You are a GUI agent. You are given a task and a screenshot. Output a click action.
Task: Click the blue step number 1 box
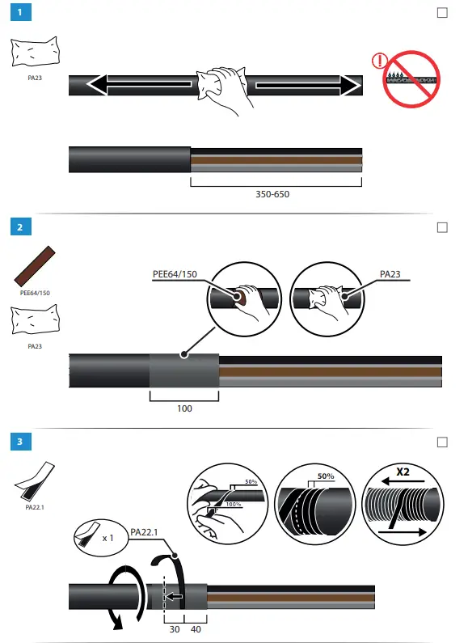tap(20, 14)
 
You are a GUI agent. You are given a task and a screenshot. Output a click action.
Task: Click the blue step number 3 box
tap(20, 442)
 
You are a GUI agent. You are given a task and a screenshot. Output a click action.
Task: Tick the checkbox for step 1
tap(441, 14)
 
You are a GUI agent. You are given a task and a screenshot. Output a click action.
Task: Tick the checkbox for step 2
tap(441, 227)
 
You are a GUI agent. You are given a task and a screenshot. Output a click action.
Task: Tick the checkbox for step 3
tap(441, 442)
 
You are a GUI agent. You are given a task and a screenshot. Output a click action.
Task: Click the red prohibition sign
tap(406, 78)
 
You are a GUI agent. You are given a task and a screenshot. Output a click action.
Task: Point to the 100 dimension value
tap(184, 408)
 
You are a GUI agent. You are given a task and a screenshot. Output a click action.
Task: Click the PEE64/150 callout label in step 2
tap(175, 274)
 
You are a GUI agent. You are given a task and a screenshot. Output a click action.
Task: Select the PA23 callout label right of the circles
tap(390, 274)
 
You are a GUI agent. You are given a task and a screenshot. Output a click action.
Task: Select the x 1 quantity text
tap(107, 538)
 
